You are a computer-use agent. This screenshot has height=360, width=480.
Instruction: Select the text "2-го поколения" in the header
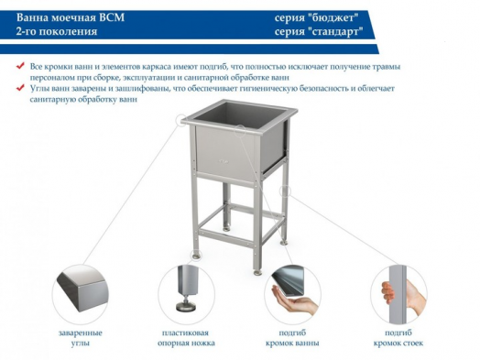coord(56,31)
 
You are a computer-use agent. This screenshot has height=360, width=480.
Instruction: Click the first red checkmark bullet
coord(21,66)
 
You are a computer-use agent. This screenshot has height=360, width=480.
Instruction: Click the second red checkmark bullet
coord(21,88)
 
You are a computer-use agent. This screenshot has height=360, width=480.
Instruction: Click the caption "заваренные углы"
coord(80,338)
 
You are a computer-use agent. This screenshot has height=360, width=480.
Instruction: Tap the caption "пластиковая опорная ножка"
coord(186,338)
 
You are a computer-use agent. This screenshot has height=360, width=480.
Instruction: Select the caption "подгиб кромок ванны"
coord(293,338)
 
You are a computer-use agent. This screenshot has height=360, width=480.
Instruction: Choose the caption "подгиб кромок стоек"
coord(400,338)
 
